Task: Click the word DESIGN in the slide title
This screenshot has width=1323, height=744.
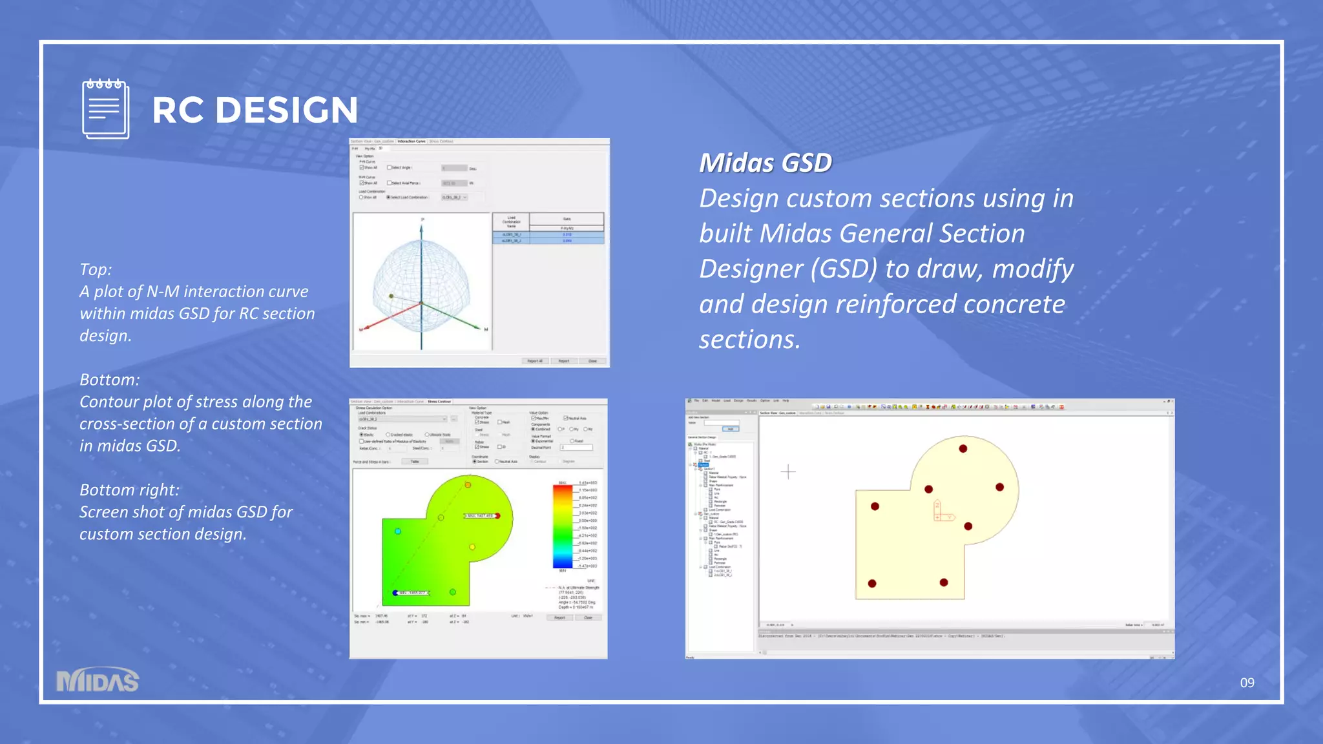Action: [x=286, y=110]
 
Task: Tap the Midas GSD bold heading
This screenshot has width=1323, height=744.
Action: [x=766, y=163]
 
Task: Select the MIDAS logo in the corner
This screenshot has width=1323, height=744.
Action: [x=98, y=680]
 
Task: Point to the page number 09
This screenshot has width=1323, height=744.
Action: [x=1247, y=683]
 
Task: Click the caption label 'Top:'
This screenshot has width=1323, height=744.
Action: [x=96, y=269]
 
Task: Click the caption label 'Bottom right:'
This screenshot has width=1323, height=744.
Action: [x=129, y=490]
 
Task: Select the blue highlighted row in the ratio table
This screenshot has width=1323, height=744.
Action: [x=548, y=240]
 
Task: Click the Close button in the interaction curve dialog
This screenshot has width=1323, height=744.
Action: [x=592, y=361]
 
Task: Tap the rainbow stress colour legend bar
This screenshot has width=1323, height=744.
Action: [x=563, y=526]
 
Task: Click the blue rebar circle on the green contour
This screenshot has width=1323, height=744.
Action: [x=398, y=531]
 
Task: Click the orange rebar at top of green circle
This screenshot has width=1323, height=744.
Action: [x=468, y=484]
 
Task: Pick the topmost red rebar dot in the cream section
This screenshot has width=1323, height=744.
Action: [x=963, y=448]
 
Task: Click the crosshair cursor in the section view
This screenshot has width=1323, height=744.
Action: [x=788, y=471]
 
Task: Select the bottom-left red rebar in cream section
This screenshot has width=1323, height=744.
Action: [x=872, y=583]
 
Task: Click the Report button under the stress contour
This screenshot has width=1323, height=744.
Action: [x=559, y=617]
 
